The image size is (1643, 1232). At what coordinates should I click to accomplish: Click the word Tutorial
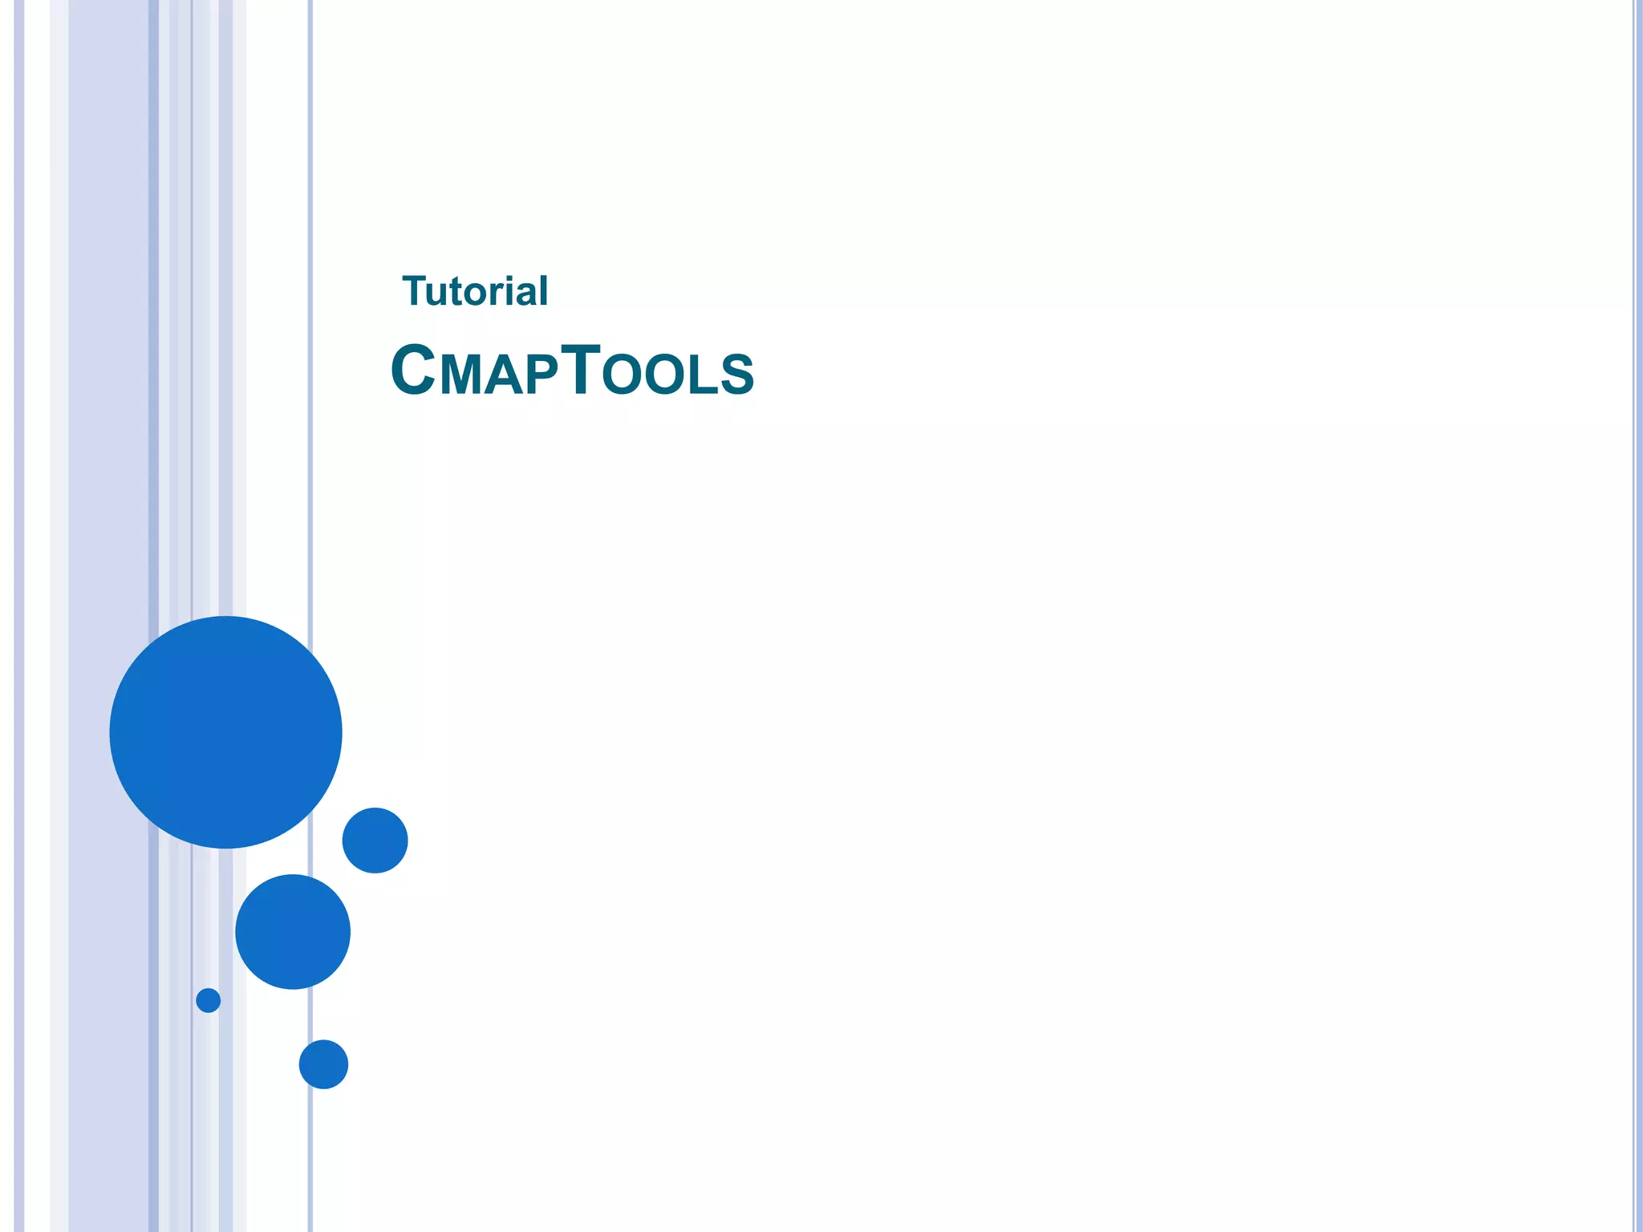pos(475,291)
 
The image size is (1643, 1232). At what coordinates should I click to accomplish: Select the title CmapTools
pos(572,371)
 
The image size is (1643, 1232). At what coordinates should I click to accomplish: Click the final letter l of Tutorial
pos(544,290)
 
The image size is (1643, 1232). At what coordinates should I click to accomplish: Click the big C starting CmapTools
pos(412,370)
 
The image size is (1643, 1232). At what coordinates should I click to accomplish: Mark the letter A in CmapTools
pos(501,375)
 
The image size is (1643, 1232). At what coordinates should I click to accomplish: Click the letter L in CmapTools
pos(701,375)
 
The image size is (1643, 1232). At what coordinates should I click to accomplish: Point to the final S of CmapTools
pos(736,375)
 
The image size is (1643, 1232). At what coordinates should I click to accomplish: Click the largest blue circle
pos(225,731)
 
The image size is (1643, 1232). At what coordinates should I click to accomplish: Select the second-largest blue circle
pos(293,931)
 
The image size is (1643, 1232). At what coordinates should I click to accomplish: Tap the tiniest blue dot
pos(209,1000)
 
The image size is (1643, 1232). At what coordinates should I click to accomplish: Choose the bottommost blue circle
pos(323,1064)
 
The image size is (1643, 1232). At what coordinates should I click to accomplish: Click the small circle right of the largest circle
pos(375,840)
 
